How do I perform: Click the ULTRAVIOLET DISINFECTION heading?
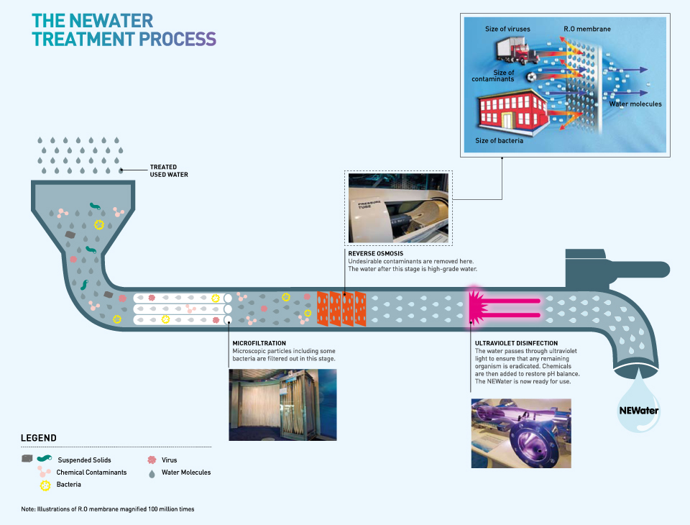517,343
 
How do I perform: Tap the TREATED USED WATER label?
169,170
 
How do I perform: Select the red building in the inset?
512,109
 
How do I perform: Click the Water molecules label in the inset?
635,104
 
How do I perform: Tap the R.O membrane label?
588,29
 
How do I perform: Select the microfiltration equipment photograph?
282,404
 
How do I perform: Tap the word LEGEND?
39,438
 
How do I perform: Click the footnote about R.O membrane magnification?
108,509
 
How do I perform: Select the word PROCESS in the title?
176,38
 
